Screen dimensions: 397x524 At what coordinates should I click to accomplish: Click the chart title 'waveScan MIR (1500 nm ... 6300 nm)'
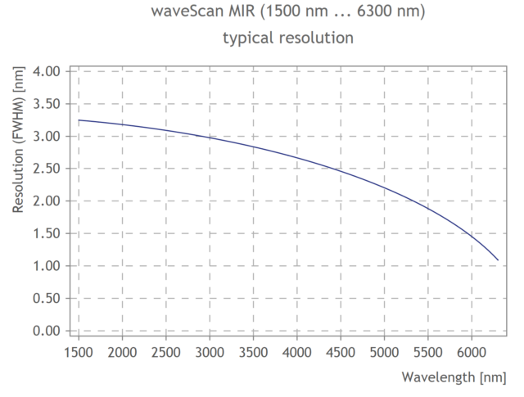288,13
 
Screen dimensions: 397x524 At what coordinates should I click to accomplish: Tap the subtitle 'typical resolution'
287,38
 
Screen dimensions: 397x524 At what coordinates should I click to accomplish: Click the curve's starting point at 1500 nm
79,120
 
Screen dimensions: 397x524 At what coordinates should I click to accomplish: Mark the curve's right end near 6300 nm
498,260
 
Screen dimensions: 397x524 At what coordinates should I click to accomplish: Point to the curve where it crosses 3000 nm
210,137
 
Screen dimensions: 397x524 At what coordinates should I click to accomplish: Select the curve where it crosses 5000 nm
384,187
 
